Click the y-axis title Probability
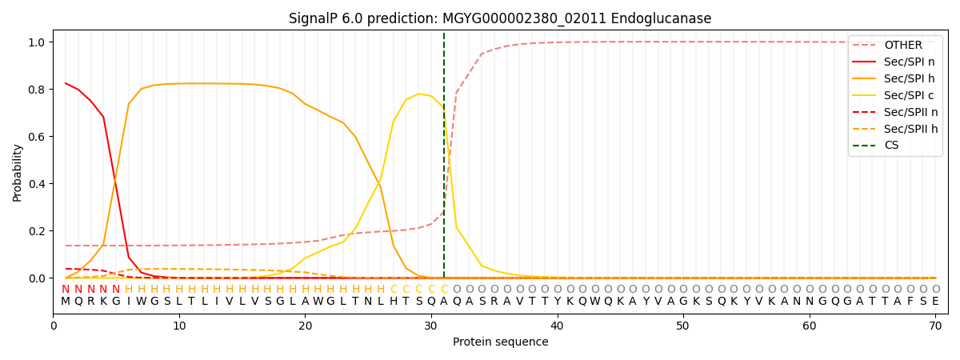pyautogui.click(x=18, y=172)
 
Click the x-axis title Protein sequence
pyautogui.click(x=500, y=342)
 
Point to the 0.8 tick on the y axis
pyautogui.click(x=37, y=89)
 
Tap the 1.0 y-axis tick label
pyautogui.click(x=37, y=42)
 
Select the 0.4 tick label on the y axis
pyautogui.click(x=37, y=184)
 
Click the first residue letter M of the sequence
pyautogui.click(x=66, y=302)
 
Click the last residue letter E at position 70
pyautogui.click(x=935, y=302)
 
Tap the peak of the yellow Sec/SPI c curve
pyautogui.click(x=418, y=94)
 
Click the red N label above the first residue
pyautogui.click(x=66, y=289)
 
